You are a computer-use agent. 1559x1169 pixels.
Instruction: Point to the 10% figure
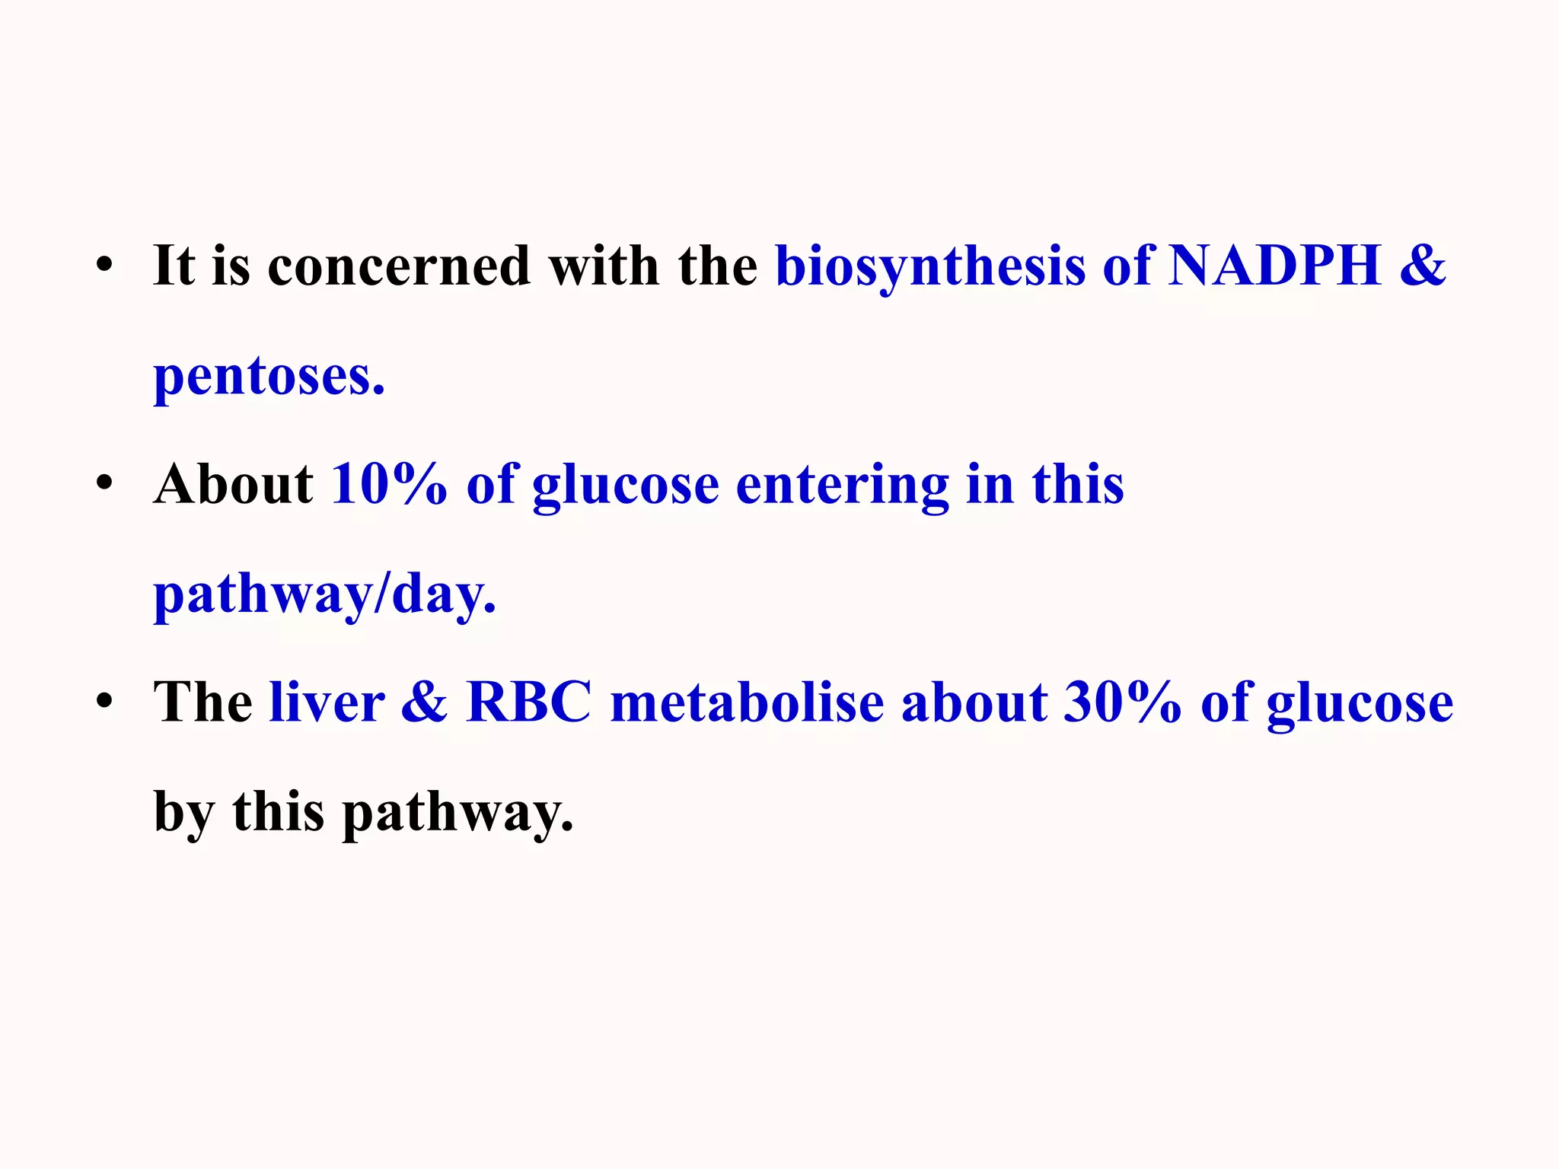(389, 484)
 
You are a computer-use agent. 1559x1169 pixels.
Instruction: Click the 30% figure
(1121, 702)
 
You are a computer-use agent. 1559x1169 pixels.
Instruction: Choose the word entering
(841, 486)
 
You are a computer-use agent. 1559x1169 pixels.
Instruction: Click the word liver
(327, 702)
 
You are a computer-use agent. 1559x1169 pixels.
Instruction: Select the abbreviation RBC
(529, 702)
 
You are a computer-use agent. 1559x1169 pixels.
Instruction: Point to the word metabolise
(747, 702)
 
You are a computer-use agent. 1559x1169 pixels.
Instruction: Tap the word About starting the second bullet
(233, 484)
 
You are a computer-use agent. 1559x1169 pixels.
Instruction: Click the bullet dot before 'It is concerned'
(104, 266)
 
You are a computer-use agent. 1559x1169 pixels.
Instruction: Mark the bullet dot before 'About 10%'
(104, 483)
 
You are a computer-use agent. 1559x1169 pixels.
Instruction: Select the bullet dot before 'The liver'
(104, 701)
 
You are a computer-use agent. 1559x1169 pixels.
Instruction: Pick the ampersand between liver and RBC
(424, 702)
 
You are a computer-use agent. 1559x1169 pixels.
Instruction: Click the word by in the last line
(183, 811)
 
